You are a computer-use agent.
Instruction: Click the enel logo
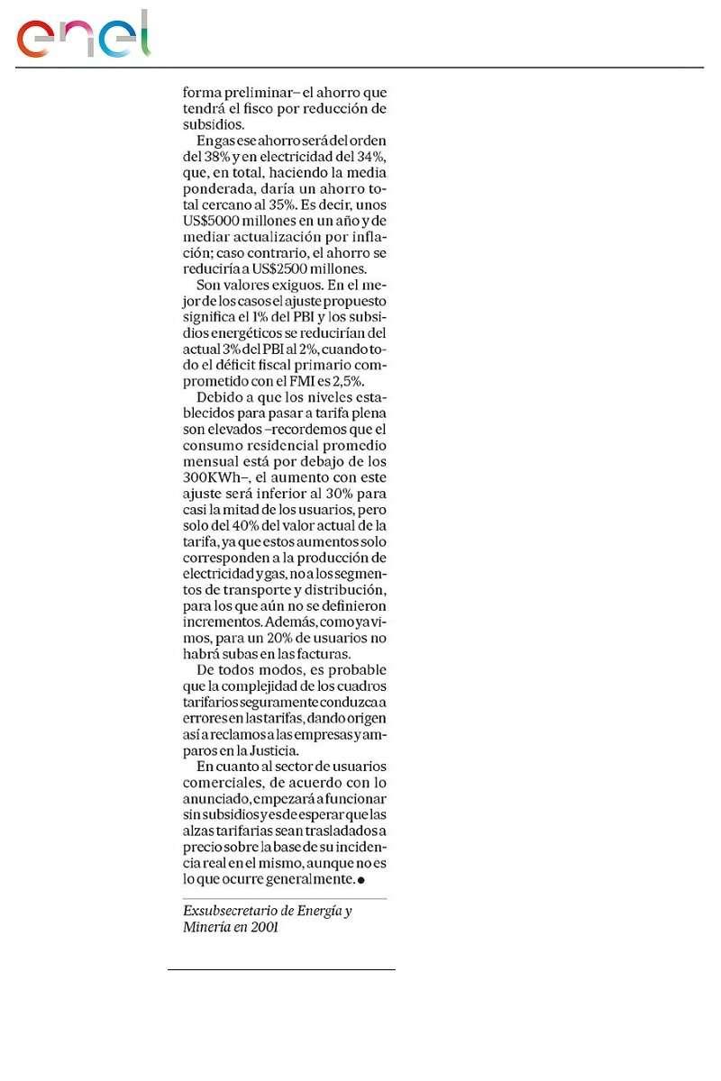pyautogui.click(x=83, y=36)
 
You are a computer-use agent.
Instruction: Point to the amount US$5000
pyautogui.click(x=213, y=222)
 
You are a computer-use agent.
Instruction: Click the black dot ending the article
pyautogui.click(x=361, y=879)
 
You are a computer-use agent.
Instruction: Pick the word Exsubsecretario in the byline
pyautogui.click(x=226, y=911)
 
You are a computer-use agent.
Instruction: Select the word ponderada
pyautogui.click(x=220, y=189)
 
